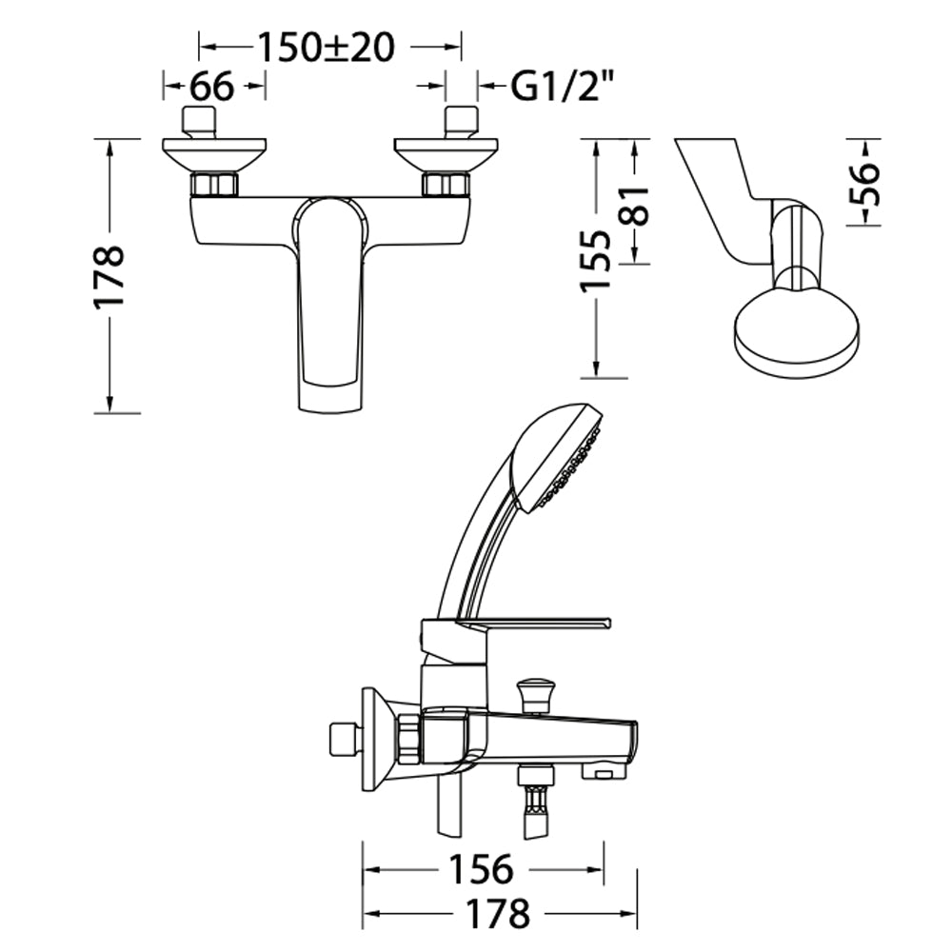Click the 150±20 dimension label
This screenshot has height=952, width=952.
coord(327,48)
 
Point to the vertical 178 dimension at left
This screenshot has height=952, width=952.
coord(109,277)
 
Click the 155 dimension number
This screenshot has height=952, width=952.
coord(595,261)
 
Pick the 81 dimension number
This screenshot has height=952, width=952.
coord(635,206)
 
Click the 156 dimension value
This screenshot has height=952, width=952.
coord(481,869)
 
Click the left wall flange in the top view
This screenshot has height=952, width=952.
coord(214,155)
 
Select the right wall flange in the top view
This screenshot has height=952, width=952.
coord(446,155)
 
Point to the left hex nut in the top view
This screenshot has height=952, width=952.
coord(214,185)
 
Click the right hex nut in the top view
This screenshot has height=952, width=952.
coord(446,185)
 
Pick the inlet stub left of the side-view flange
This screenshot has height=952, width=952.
coord(345,740)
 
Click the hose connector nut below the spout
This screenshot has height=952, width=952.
coord(536,777)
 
